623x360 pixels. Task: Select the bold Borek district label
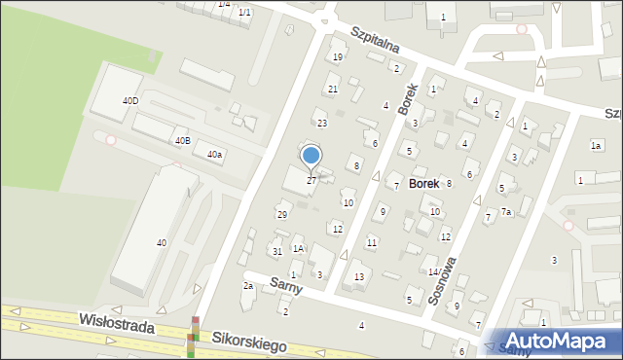423,182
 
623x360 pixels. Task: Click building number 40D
129,100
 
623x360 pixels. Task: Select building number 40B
182,141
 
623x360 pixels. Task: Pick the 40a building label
214,154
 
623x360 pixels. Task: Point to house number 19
338,57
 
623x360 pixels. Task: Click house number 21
333,90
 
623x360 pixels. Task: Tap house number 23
321,124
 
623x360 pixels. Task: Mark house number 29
282,214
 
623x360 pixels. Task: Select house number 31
277,252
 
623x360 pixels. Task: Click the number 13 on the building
359,277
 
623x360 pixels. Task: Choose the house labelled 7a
506,211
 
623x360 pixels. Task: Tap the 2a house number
248,286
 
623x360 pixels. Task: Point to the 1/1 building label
244,12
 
